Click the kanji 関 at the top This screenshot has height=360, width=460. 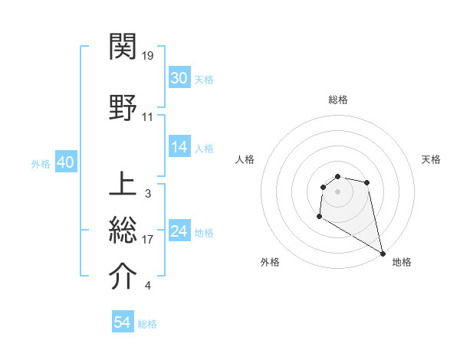point(123,47)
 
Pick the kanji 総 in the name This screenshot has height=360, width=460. point(123,231)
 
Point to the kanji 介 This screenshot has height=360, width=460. point(123,277)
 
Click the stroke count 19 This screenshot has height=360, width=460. point(149,56)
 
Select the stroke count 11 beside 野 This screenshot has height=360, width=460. point(148,117)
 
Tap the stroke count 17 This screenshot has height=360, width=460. point(148,240)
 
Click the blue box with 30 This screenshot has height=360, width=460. point(179,78)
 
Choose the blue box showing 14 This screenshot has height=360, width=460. point(179,147)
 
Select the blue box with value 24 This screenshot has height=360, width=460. point(179,231)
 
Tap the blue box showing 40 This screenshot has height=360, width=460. point(65,162)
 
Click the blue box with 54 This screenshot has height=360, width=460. point(123,322)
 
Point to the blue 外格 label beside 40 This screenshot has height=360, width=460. point(41,163)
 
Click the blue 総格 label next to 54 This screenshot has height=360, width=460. point(147,324)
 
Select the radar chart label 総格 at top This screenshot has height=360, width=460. point(338,100)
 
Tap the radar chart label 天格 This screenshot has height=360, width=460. point(432,159)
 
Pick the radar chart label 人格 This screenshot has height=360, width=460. point(245,159)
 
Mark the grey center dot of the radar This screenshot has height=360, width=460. point(338,191)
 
